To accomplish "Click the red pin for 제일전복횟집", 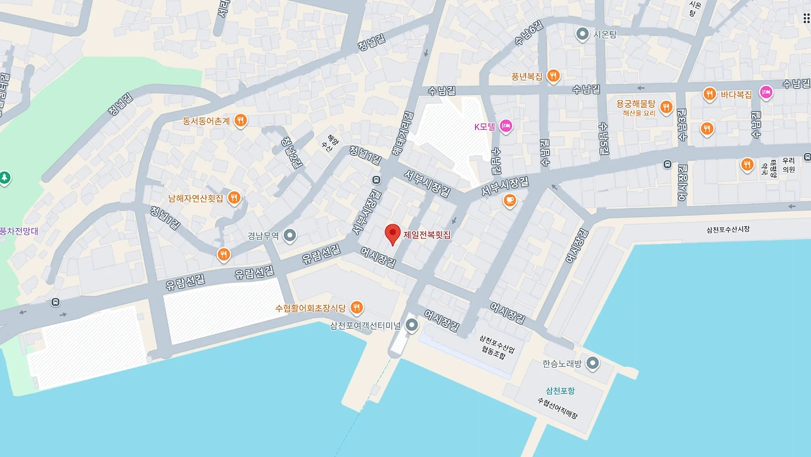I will pyautogui.click(x=393, y=234).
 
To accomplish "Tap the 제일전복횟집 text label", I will pyautogui.click(x=427, y=235).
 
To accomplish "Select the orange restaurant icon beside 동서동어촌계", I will pyautogui.click(x=240, y=120).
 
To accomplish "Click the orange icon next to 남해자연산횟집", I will pyautogui.click(x=234, y=198).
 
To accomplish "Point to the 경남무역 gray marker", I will pyautogui.click(x=290, y=236).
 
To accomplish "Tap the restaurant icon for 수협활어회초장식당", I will pyautogui.click(x=357, y=308).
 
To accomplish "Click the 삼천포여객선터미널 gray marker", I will pyautogui.click(x=412, y=326).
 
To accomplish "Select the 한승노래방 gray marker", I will pyautogui.click(x=592, y=364).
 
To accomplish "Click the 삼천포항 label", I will pyautogui.click(x=561, y=390).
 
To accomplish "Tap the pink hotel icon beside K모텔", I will pyautogui.click(x=506, y=126).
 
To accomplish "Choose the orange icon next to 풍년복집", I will pyautogui.click(x=553, y=76).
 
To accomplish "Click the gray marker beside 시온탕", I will pyautogui.click(x=582, y=34).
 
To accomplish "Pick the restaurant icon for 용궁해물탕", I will pyautogui.click(x=666, y=106).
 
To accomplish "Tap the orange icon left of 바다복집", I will pyautogui.click(x=710, y=94).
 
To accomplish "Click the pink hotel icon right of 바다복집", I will pyautogui.click(x=766, y=93).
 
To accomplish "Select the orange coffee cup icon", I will pyautogui.click(x=509, y=201).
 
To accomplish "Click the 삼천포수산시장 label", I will pyautogui.click(x=727, y=229).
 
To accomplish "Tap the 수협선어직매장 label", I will pyautogui.click(x=558, y=408).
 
